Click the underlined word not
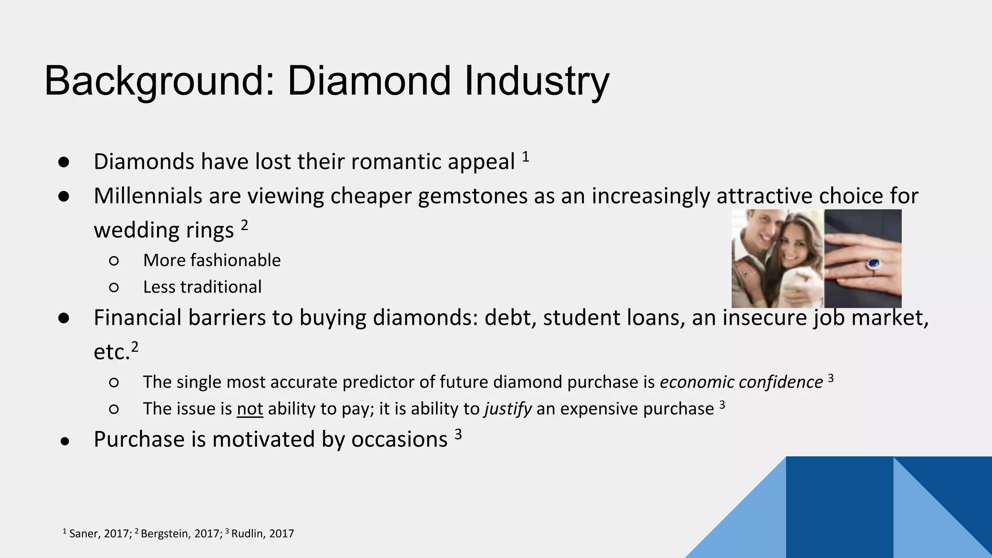tap(250, 409)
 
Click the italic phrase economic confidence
tap(741, 382)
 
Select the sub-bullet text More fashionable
tap(212, 261)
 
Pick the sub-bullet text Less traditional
tap(202, 287)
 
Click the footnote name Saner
tap(82, 534)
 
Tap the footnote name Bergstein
tap(165, 534)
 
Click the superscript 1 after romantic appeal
tap(526, 157)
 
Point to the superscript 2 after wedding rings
tap(245, 225)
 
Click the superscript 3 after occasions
tap(458, 434)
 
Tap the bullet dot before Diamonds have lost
tap(64, 162)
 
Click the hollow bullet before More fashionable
tap(114, 261)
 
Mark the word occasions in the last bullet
tap(399, 440)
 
